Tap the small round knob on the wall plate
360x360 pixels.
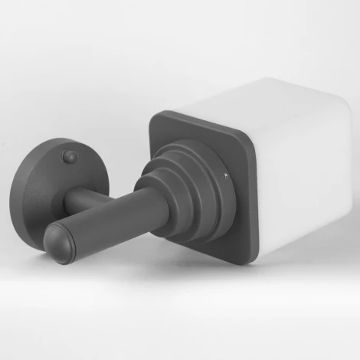(x=70, y=156)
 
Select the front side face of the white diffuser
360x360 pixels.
(x=299, y=199)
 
